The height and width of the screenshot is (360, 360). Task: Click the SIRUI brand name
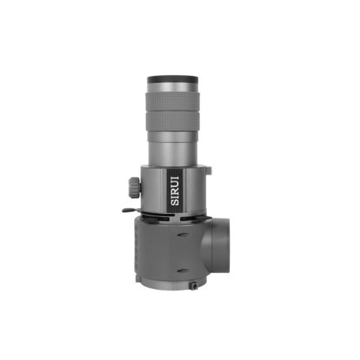click(x=174, y=191)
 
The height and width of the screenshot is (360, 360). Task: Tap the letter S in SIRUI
click(x=174, y=202)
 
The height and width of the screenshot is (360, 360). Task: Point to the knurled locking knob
click(x=134, y=187)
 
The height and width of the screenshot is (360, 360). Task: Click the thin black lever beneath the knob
click(x=132, y=210)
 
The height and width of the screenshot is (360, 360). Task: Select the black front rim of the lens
click(x=172, y=79)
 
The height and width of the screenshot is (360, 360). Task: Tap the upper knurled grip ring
click(x=172, y=101)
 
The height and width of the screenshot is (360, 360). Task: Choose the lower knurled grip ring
click(x=172, y=122)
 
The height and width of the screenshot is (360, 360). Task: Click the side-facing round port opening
click(x=216, y=246)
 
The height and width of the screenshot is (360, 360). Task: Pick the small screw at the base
click(x=194, y=286)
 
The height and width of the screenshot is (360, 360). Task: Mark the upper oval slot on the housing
click(x=182, y=234)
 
